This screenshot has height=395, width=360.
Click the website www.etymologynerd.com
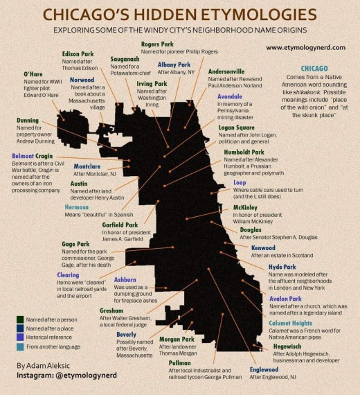305,48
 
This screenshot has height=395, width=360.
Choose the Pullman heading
179,362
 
